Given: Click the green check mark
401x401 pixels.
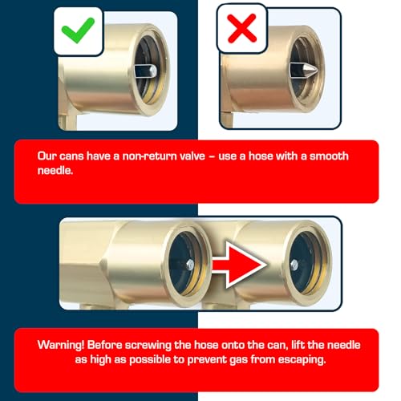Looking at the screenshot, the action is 78,30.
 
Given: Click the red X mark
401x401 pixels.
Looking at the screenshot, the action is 241,28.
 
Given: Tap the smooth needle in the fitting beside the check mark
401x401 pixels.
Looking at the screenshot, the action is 146,71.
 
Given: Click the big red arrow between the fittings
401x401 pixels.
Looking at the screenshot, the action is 240,265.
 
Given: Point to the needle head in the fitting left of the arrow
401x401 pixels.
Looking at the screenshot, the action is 190,265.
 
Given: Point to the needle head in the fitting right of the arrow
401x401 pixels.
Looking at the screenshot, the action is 294,265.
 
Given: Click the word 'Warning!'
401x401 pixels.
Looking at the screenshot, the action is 61,345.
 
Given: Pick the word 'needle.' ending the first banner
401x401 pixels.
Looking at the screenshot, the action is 55,171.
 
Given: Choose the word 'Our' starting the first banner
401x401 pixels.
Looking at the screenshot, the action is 47,156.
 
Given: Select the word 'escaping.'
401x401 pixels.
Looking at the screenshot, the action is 302,360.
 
